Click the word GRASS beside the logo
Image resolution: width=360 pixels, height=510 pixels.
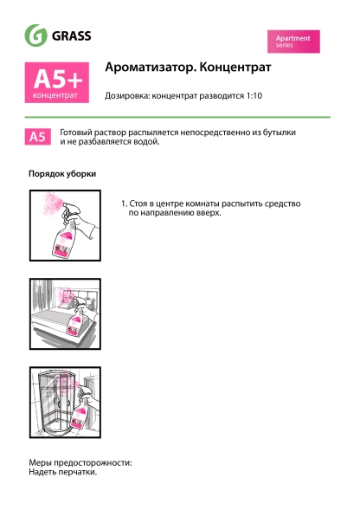tap(73, 36)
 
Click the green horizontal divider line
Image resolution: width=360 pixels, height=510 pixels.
tap(179, 117)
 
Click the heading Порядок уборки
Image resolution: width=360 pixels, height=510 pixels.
tap(62, 174)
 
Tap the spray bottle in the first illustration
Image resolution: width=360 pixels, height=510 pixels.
tap(63, 242)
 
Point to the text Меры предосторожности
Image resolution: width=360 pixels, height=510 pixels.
tap(80, 463)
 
